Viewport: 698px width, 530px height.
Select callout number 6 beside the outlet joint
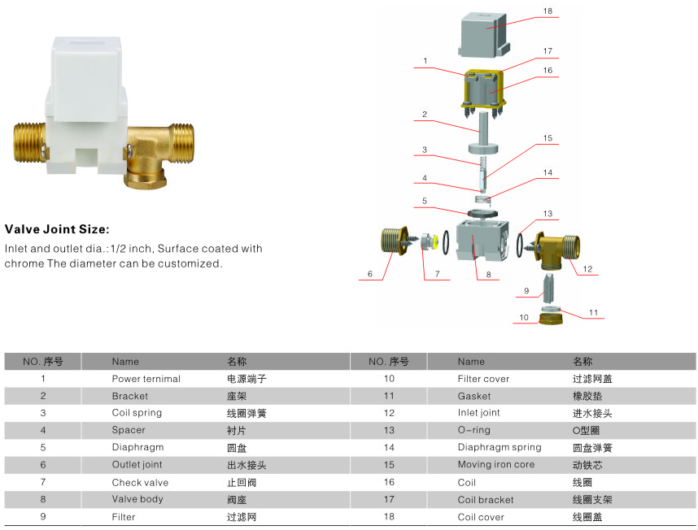369,275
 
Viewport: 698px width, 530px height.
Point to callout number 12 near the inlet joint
587,268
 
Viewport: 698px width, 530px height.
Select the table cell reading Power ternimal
146,379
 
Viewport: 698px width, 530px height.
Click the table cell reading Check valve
140,482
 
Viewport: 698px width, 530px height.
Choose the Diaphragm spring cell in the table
499,447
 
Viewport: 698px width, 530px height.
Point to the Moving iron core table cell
496,465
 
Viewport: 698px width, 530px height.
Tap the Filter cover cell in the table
483,379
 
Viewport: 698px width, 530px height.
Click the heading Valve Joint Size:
56,229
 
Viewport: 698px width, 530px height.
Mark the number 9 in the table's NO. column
43,517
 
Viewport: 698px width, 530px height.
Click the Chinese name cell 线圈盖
587,517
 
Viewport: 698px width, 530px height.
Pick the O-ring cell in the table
474,430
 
